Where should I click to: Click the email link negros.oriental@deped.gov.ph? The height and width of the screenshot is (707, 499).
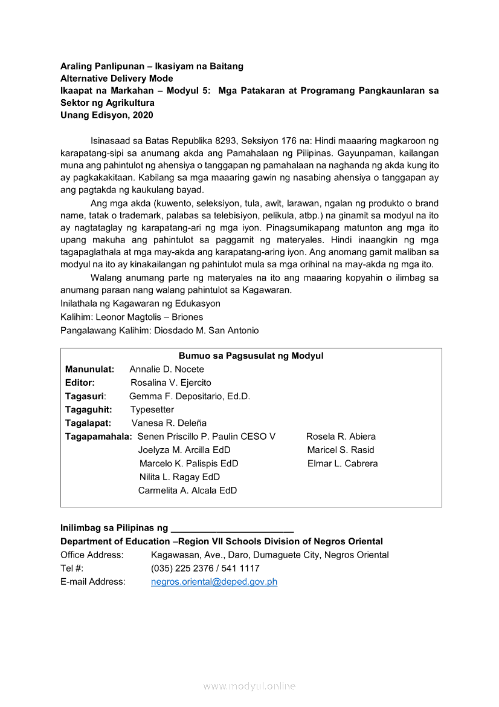(214, 582)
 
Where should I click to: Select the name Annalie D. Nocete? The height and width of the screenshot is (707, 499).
(167, 370)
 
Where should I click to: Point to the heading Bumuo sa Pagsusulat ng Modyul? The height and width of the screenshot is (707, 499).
(251, 356)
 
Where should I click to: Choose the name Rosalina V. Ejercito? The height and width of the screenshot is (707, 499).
(171, 383)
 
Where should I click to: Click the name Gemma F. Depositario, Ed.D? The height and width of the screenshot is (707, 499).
(190, 396)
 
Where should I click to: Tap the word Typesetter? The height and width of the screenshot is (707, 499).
(152, 409)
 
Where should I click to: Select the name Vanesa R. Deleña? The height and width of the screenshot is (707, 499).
(169, 423)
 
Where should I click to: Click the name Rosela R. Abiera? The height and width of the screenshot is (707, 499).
(341, 437)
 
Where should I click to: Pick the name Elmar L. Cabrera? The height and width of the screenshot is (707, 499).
(343, 463)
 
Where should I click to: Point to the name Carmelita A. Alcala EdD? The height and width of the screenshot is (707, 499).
(187, 490)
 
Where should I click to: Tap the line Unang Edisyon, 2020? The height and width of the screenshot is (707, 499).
(107, 115)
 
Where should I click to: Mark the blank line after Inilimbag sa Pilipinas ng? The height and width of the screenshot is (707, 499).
(233, 529)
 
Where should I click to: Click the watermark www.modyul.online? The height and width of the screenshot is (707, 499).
(249, 686)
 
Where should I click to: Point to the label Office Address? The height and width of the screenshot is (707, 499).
(92, 555)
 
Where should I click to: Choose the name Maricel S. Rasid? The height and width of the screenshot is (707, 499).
(341, 450)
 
